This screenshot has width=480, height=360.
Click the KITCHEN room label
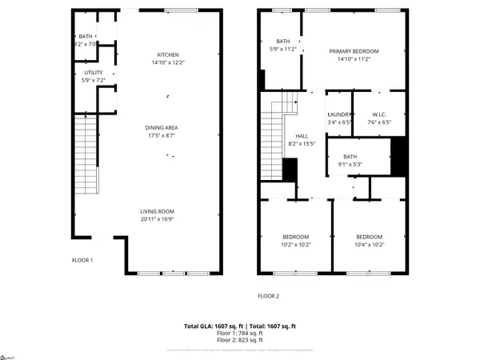click(168, 54)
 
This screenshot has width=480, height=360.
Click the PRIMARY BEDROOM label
click(354, 50)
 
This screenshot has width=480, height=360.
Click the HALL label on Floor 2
click(301, 136)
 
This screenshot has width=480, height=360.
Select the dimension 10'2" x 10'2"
click(296, 245)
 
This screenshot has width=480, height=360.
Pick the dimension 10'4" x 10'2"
click(369, 245)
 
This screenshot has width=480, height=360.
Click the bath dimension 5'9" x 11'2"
click(283, 49)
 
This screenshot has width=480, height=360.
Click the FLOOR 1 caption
click(83, 260)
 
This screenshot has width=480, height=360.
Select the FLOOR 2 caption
click(268, 296)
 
